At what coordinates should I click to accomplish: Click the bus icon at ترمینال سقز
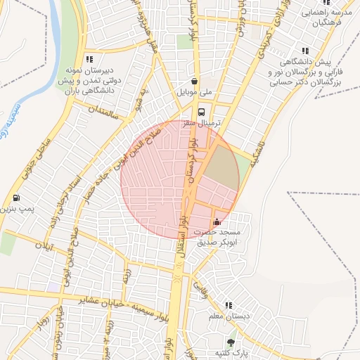tap(202, 111)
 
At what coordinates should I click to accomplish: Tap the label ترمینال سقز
tap(202, 123)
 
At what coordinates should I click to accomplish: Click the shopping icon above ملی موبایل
tap(195, 80)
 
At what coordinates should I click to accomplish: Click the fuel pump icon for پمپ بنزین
tap(16, 198)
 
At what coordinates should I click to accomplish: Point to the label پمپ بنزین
tap(17, 210)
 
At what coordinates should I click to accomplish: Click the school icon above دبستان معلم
tap(229, 305)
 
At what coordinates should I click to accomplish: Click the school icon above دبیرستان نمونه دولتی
tap(89, 60)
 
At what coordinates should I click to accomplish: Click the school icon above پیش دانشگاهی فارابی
tap(305, 51)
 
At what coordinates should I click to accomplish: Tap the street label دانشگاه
tap(257, 149)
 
